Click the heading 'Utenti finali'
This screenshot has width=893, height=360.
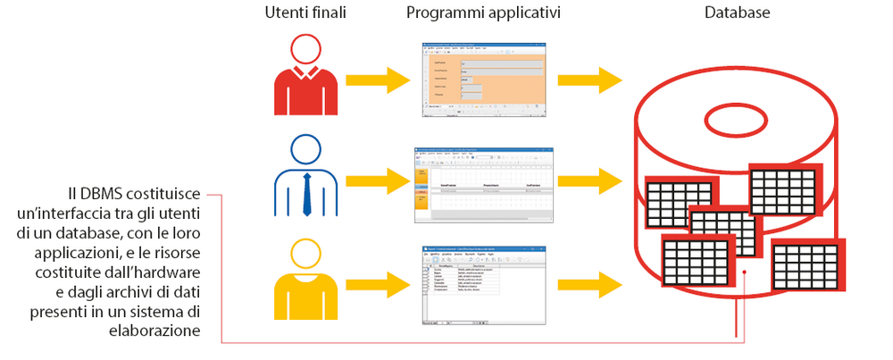point(305,13)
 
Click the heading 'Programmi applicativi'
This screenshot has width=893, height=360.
point(484,13)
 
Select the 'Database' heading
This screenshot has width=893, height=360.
point(737,13)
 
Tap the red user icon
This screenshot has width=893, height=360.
point(305,77)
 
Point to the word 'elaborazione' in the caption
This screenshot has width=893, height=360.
point(157,331)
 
